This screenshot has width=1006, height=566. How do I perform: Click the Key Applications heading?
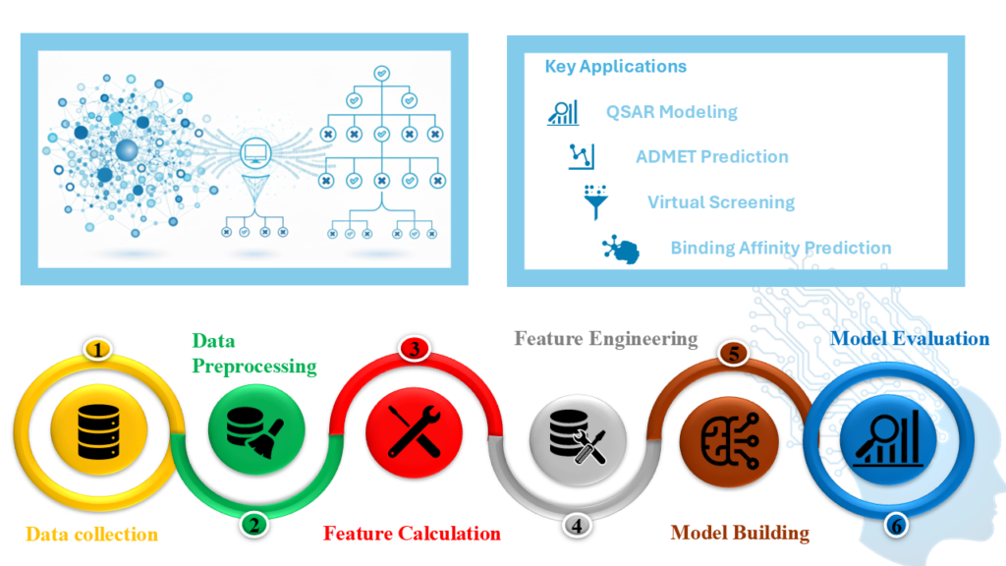coord(616,67)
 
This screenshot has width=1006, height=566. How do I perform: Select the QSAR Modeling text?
coord(672,111)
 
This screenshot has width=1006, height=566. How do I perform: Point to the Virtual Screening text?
coord(720,202)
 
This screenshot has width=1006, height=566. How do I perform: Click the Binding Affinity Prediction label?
coord(781,248)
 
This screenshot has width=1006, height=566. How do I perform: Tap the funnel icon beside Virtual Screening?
coord(593,201)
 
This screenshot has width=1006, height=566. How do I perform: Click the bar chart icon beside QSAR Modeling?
coord(563,111)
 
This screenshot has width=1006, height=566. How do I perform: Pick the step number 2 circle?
coord(253,525)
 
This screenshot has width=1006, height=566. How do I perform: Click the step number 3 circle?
coord(415,349)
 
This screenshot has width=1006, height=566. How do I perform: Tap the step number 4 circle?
coord(577,525)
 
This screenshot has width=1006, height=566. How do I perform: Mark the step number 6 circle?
coord(895,526)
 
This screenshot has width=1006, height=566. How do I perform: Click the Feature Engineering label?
coord(605,339)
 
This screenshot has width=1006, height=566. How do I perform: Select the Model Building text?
coord(740,533)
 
